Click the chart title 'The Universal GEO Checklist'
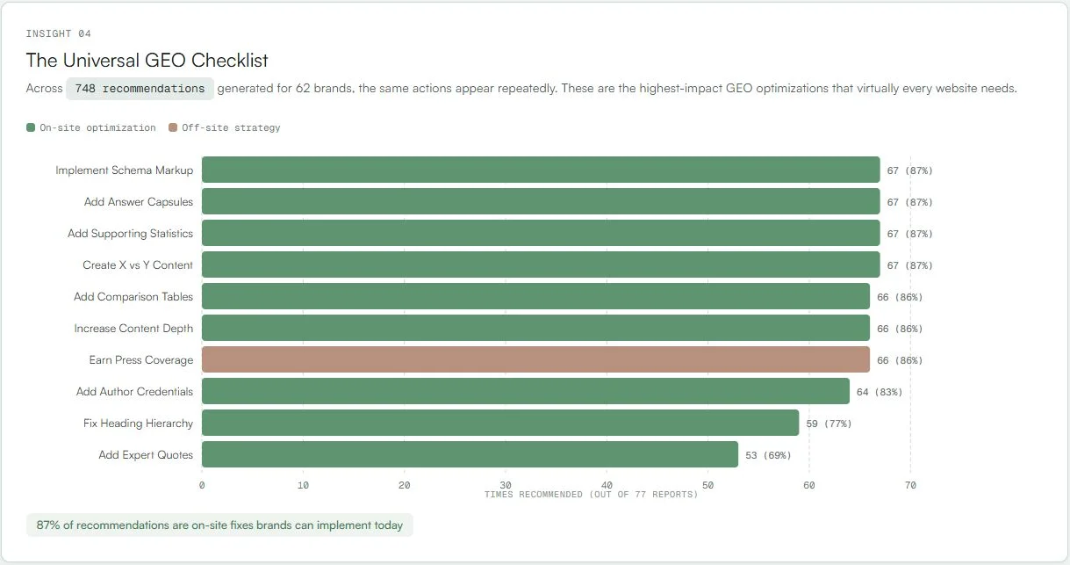(147, 61)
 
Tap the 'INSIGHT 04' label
(58, 33)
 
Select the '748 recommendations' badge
(140, 89)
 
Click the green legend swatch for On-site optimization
(31, 128)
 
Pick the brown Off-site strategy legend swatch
(173, 128)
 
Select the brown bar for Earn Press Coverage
(535, 360)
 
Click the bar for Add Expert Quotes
(470, 455)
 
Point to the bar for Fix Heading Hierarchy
(500, 424)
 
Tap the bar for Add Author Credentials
(525, 392)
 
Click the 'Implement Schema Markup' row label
(124, 170)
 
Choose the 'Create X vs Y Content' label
(138, 265)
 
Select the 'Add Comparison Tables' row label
(133, 297)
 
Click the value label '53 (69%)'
(768, 455)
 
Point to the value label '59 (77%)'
(829, 424)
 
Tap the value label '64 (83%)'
(879, 392)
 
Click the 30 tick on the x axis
(506, 485)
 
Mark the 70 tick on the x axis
(910, 485)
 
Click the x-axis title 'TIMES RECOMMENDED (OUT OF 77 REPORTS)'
(591, 495)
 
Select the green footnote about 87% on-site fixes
(219, 525)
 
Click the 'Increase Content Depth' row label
(133, 329)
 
